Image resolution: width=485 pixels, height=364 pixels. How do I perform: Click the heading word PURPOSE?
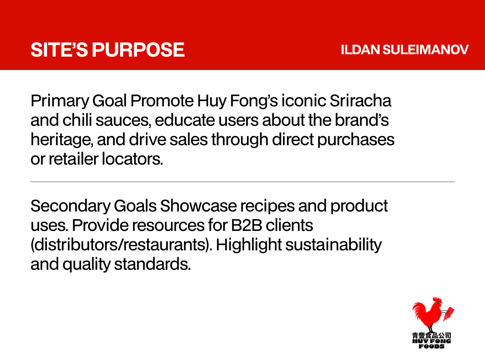[138, 50]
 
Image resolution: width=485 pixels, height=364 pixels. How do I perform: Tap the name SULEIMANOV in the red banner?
[425, 50]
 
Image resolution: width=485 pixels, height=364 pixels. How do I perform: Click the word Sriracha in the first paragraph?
[361, 101]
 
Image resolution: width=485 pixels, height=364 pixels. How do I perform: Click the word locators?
[132, 159]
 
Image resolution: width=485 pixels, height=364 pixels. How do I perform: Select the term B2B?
[247, 226]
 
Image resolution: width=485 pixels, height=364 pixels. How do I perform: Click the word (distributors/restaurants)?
[121, 245]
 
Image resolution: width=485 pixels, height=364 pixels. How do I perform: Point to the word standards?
[152, 265]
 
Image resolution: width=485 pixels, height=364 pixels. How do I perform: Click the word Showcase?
[198, 206]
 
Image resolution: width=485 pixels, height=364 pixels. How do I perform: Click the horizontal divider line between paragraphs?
[242, 182]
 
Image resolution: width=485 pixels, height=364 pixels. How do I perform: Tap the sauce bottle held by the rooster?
[449, 314]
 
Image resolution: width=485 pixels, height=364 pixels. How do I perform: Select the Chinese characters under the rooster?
[431, 336]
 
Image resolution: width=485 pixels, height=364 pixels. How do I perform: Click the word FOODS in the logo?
[431, 347]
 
